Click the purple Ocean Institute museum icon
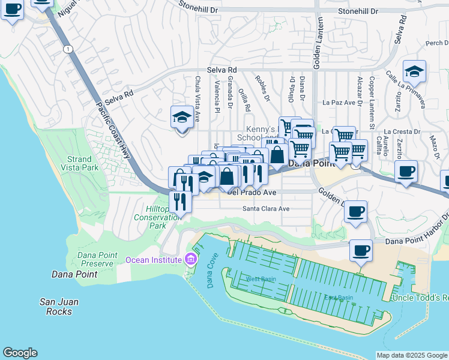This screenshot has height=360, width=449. tap(191, 259)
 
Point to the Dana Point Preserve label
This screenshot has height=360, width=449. tap(96, 259)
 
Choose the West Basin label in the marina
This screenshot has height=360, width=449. tap(260, 279)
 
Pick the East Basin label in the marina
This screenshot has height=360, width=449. tap(339, 298)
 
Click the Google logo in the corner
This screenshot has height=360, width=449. tap(20, 353)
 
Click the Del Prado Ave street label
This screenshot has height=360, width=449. tap(251, 193)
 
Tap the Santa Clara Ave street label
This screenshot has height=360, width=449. tap(266, 209)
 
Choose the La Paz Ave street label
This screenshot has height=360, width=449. tap(340, 103)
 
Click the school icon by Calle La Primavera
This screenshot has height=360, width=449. tap(414, 73)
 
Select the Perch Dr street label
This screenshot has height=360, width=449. tap(436, 43)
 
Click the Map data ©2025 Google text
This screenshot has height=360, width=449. tap(412, 355)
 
